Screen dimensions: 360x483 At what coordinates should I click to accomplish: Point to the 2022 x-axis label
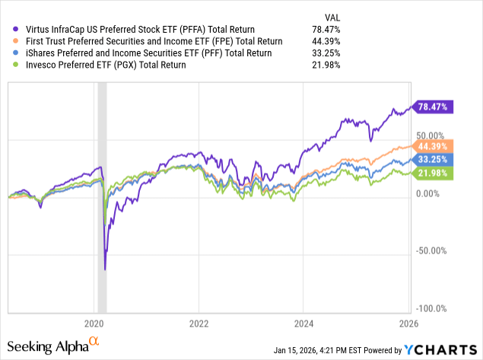point(199,322)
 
